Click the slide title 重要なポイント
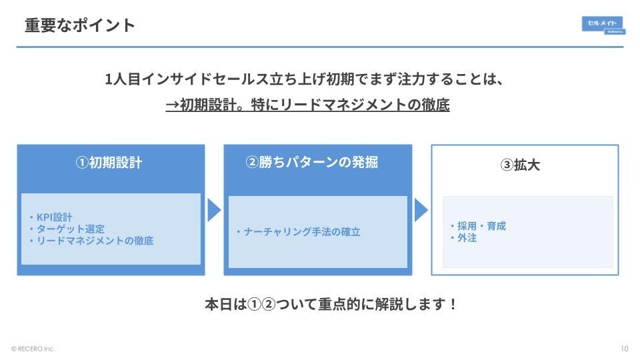point(80,25)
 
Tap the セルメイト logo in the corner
point(603,25)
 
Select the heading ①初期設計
point(109,163)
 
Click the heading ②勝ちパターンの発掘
point(311,163)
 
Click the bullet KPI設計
point(54,217)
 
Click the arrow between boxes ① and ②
point(213,210)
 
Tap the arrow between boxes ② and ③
point(421,210)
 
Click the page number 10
point(624,349)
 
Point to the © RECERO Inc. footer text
point(33,349)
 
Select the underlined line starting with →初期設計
point(307,105)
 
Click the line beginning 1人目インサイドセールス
point(304,79)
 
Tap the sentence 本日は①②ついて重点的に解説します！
point(331,305)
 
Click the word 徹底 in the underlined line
point(436,105)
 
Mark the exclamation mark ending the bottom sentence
point(453,305)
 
